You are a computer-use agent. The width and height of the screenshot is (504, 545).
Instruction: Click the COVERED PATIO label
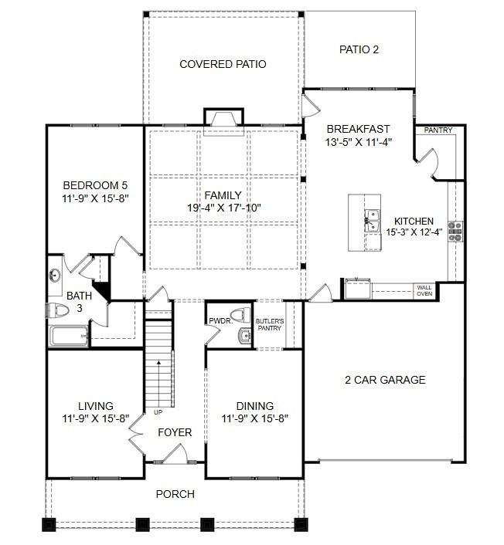pos(223,65)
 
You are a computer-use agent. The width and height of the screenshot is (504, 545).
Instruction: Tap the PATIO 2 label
pos(359,50)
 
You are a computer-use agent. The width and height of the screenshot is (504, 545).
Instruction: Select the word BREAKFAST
pos(358,129)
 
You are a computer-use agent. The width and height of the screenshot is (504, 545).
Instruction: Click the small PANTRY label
pos(438,130)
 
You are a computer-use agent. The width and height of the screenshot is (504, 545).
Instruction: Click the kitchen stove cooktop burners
pos(456,229)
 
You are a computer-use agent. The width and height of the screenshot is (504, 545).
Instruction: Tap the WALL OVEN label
pos(424,290)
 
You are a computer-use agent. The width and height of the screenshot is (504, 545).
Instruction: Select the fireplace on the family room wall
pos(223,118)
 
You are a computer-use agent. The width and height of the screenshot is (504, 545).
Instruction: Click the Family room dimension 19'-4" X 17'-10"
pos(223,208)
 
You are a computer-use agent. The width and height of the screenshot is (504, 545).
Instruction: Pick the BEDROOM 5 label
pos(94,185)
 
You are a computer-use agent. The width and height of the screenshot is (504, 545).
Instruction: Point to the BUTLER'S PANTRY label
pos(270,324)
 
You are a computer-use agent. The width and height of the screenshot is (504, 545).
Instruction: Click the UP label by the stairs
pos(158,412)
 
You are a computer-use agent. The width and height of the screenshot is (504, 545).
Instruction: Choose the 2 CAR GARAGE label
pos(385,380)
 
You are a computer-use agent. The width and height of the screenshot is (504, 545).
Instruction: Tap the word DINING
pos(254,407)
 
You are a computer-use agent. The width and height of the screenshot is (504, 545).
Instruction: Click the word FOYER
pos(175,432)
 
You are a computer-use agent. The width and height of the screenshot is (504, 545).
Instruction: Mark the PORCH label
pos(175,494)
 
